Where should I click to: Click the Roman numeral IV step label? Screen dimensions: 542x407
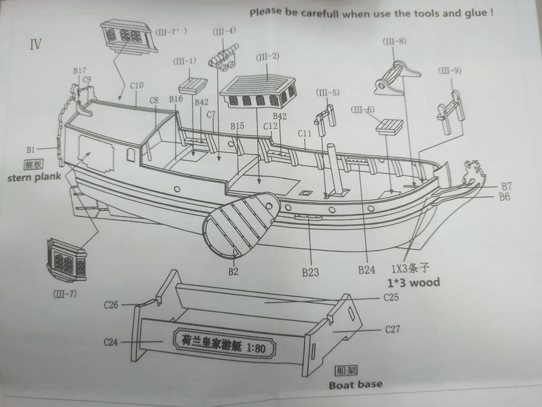36,44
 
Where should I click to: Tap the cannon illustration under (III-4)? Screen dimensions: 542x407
223,61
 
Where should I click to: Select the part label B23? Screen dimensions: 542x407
311,272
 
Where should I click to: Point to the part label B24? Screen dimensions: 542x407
367,270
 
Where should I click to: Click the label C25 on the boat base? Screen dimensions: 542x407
391,297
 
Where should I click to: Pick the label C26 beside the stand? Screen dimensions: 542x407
111,304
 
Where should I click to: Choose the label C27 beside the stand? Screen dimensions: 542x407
393,329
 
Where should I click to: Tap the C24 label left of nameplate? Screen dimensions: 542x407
111,341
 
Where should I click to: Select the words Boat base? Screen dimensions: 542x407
355,385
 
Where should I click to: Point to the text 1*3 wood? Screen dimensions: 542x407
413,282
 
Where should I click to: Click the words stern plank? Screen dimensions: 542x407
34,177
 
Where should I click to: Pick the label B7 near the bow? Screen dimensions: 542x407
506,186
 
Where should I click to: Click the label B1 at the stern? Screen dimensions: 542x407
30,149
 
